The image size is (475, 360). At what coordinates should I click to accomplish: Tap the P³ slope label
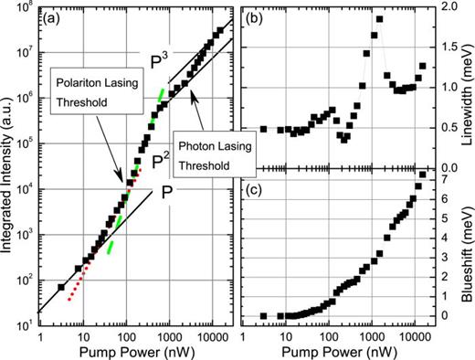(160, 61)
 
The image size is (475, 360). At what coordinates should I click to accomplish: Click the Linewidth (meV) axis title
(465, 86)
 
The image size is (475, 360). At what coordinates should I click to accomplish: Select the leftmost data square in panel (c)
(263, 316)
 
